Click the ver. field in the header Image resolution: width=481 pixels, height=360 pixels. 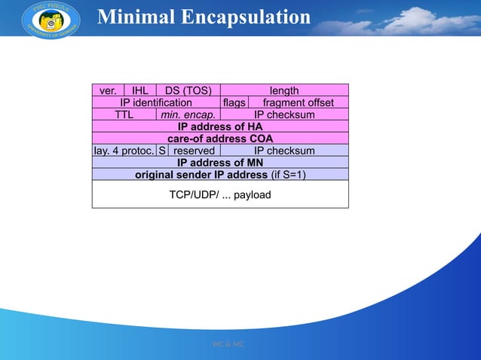click(108, 90)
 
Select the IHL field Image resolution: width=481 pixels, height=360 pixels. click(139, 90)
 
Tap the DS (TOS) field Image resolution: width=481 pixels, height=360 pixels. click(188, 90)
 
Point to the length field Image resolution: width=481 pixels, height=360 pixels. click(284, 90)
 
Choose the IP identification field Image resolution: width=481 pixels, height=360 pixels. click(156, 102)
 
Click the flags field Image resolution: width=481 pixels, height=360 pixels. click(234, 102)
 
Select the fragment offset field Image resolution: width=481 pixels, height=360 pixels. click(298, 102)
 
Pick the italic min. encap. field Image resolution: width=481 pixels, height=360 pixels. click(188, 114)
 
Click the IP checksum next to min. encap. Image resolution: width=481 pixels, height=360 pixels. click(284, 114)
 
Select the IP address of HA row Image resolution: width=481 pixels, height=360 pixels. click(220, 127)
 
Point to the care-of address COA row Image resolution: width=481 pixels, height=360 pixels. click(220, 139)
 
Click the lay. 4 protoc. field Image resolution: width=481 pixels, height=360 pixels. click(124, 151)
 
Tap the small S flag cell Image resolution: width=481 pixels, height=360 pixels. click(161, 151)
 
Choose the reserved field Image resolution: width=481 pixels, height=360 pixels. click(194, 151)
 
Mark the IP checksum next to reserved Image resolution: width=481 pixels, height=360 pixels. click(284, 151)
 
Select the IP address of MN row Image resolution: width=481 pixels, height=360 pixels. click(220, 163)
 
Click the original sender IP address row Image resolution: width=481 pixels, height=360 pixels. click(220, 175)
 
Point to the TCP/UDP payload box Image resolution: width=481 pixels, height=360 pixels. click(220, 195)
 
